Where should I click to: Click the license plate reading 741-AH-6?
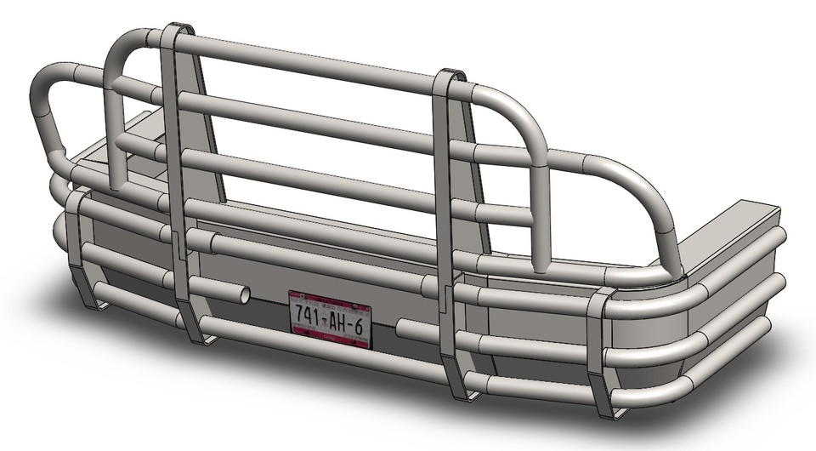[x=331, y=319]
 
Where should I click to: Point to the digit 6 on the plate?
[x=360, y=326]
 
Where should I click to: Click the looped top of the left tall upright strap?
[x=176, y=31]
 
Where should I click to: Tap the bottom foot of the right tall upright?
[x=463, y=392]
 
